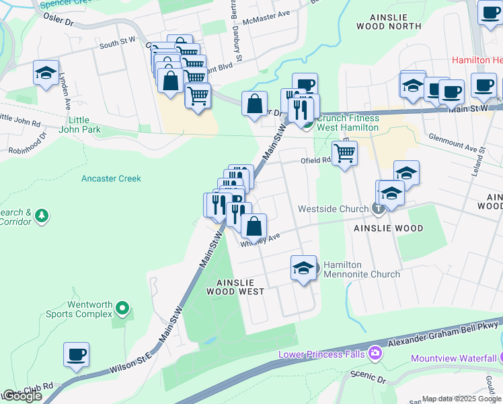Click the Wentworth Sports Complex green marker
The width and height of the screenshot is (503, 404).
coord(122,308)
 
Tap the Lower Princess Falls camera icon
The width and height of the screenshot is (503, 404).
coord(375,353)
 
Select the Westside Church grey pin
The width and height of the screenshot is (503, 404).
coord(379,209)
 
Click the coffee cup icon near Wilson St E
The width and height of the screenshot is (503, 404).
coord(76,354)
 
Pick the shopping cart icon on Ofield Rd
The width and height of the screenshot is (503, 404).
coord(344,152)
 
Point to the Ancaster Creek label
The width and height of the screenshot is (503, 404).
coord(111,178)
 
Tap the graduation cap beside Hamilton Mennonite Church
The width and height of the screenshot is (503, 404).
coord(304,268)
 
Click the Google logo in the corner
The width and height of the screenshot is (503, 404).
coord(22,396)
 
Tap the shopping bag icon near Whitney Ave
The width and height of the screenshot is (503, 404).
coord(254,227)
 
